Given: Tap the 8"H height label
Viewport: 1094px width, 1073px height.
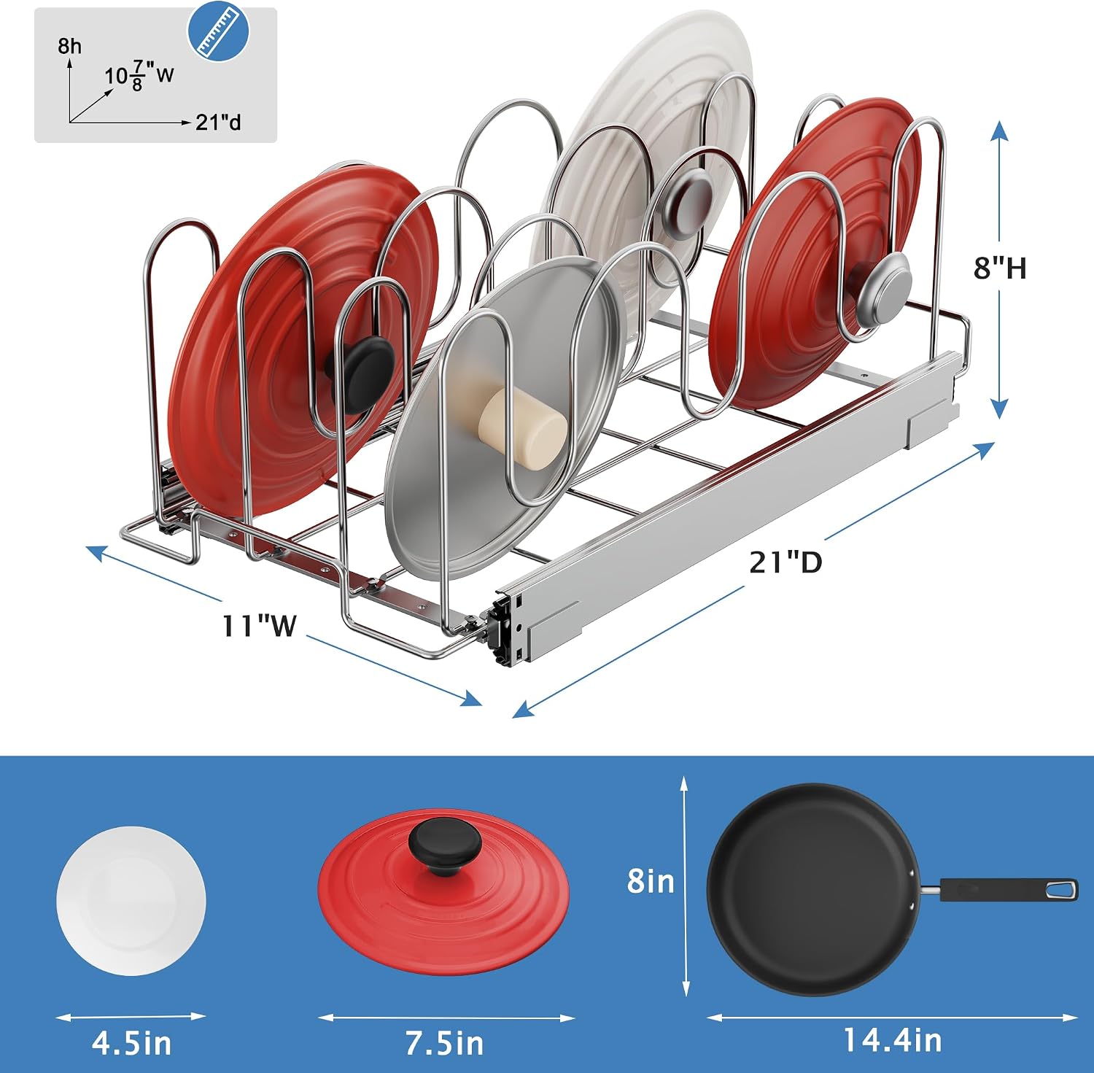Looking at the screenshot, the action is [x=1000, y=268].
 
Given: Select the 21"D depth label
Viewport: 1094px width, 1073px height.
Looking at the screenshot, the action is [x=785, y=562].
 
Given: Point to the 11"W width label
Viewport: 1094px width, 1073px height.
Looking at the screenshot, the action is [x=260, y=625].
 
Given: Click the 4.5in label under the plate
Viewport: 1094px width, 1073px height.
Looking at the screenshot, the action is [x=132, y=1043].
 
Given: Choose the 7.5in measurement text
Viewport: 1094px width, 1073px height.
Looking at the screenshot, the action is [x=445, y=1043].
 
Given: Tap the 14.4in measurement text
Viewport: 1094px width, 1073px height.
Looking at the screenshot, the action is [x=892, y=1040].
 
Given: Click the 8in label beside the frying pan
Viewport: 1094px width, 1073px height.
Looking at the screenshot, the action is [x=651, y=881].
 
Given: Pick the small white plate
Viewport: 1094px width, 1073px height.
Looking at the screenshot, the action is [x=131, y=901].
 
